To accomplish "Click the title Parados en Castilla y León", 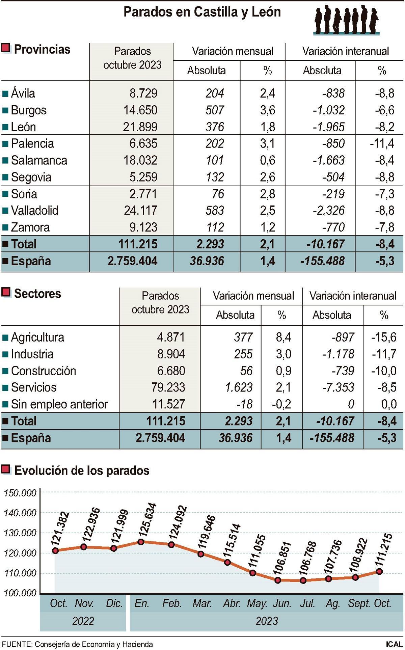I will point(202,12).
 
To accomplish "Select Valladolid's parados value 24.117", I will point(140,211).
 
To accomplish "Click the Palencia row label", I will point(32,144).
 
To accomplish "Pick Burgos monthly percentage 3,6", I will point(267,110).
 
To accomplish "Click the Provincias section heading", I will point(42,50).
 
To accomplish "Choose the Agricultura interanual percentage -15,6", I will point(384,337).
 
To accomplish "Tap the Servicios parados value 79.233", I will point(168,387).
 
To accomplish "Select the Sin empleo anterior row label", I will point(59,404).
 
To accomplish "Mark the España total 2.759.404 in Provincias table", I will point(132,261).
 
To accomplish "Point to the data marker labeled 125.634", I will point(141,542).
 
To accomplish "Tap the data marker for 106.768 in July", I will point(303,580).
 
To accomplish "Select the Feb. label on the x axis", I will point(172,603).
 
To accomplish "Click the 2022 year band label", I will point(83,621).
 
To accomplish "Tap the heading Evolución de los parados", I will point(82,470).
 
